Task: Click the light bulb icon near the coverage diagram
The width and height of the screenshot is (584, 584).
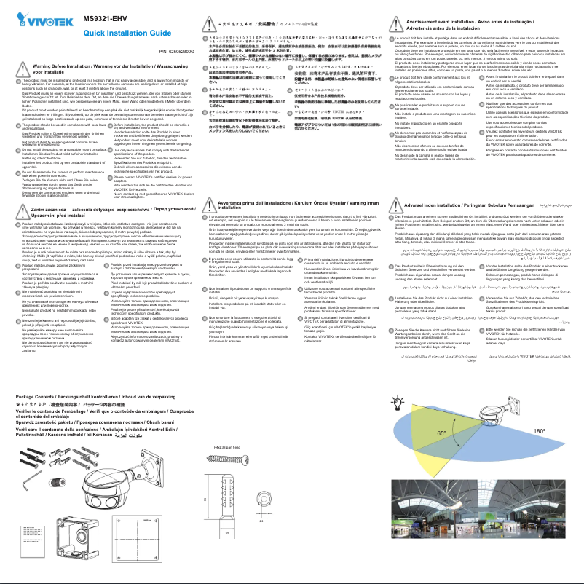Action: click(x=398, y=403)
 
